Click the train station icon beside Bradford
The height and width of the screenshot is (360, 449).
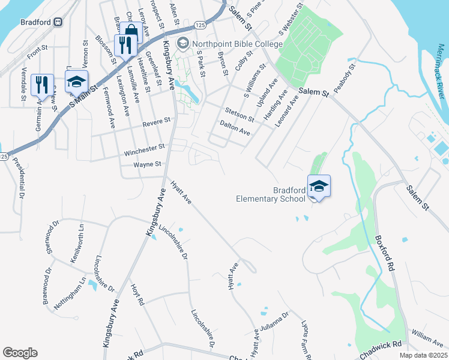click(x=58, y=22)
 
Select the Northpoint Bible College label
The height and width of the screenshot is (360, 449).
click(x=237, y=44)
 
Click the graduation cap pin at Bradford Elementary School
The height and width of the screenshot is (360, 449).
click(x=319, y=186)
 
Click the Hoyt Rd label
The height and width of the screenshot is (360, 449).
click(x=137, y=295)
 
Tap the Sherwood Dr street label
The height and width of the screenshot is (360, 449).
click(x=53, y=236)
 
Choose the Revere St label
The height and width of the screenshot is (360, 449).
click(x=157, y=122)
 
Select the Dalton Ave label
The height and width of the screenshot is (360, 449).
click(x=235, y=127)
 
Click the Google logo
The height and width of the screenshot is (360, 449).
click(x=20, y=353)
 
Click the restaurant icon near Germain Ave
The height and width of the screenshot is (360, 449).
click(x=41, y=85)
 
